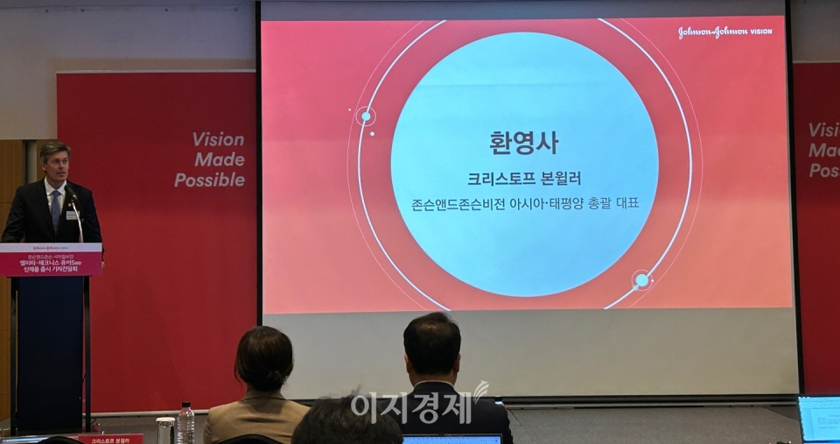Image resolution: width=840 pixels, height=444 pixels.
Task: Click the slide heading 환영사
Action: [x=523, y=143]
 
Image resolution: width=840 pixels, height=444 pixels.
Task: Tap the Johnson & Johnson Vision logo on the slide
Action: [x=724, y=32]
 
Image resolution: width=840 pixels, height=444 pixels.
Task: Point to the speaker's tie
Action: [x=56, y=210]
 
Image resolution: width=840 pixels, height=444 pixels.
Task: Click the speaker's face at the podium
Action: [x=54, y=163]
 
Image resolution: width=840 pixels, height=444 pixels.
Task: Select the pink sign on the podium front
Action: [x=51, y=259]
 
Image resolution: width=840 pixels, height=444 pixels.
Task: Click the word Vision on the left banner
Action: [x=218, y=139]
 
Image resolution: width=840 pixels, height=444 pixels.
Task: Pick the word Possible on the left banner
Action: [x=209, y=180]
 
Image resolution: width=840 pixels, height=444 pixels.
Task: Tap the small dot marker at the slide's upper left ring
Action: [x=366, y=116]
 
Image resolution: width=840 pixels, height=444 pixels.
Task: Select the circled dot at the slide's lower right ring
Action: [x=642, y=280]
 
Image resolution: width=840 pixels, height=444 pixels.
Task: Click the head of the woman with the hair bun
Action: [x=263, y=359]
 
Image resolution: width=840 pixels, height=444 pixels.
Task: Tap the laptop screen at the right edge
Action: [x=819, y=419]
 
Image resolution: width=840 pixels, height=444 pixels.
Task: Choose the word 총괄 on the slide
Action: [x=594, y=204]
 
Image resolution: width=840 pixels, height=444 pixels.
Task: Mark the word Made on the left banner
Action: [x=220, y=159]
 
